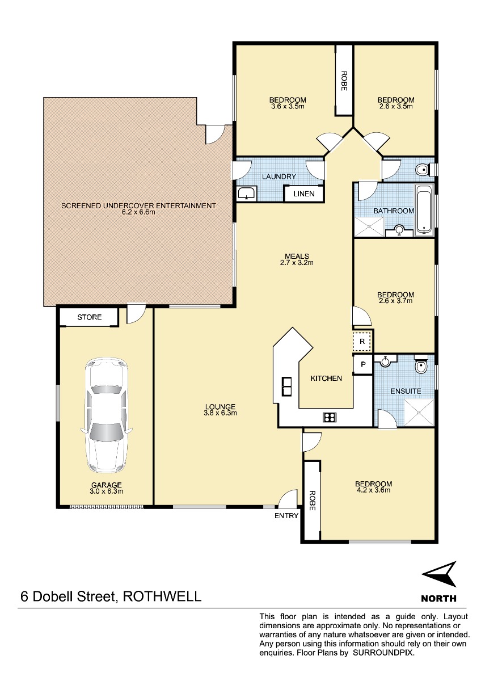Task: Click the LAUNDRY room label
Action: (279, 176)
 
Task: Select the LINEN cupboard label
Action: (303, 194)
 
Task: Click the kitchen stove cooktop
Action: (330, 417)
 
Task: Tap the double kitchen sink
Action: (286, 386)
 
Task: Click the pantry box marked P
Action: (363, 364)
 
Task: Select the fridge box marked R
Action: (362, 342)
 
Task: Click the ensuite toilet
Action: (421, 364)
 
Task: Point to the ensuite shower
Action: (419, 413)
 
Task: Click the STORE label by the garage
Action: (89, 317)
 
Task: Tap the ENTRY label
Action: (286, 515)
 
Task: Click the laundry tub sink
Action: (247, 193)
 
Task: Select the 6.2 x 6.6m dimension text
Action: (138, 212)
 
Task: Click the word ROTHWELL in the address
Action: (162, 596)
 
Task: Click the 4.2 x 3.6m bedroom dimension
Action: (373, 490)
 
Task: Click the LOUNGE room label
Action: (220, 406)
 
